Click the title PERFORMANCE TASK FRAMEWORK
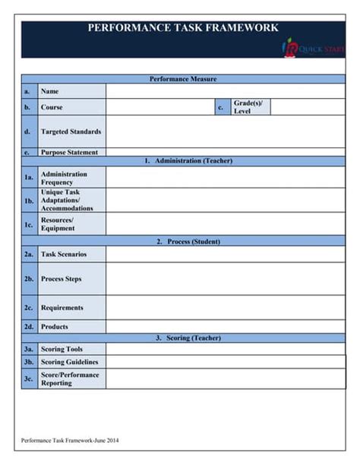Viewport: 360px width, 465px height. tap(182, 28)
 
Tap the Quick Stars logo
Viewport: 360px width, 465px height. tap(312, 49)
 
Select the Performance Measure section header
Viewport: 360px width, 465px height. tap(183, 79)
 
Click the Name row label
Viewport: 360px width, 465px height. tap(50, 91)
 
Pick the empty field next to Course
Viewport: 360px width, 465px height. tap(159, 108)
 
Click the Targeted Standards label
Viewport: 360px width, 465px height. tap(71, 131)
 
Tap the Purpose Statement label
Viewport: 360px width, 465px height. tap(69, 152)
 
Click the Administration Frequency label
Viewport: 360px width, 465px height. tap(64, 179)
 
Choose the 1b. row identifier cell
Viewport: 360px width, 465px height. tap(29, 201)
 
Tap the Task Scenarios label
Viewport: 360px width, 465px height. tap(63, 255)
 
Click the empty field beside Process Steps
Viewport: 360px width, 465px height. tap(226, 279)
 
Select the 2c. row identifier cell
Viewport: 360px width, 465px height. tap(29, 308)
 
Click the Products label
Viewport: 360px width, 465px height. tap(55, 327)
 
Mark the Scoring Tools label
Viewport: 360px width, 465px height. tap(62, 349)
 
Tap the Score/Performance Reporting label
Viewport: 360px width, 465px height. tap(70, 378)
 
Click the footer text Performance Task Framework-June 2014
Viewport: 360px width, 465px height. tap(70, 440)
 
